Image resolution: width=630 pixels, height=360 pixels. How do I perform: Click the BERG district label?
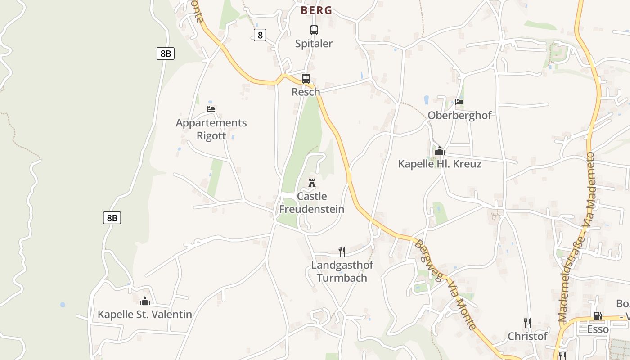pyautogui.click(x=316, y=10)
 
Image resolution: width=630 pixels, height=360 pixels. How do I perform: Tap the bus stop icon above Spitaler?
pyautogui.click(x=314, y=30)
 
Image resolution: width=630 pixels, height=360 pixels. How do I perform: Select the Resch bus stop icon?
pyautogui.click(x=306, y=79)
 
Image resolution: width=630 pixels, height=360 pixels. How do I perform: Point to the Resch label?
pyautogui.click(x=306, y=92)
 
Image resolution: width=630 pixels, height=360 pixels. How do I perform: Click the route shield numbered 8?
pyautogui.click(x=260, y=35)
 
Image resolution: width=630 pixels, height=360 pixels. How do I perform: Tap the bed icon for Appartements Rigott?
pyautogui.click(x=211, y=109)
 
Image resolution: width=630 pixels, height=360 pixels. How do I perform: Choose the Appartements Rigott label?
pyautogui.click(x=211, y=129)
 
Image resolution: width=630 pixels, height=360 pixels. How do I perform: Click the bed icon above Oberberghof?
pyautogui.click(x=459, y=102)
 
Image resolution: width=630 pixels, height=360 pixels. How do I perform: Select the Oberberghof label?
pyautogui.click(x=459, y=115)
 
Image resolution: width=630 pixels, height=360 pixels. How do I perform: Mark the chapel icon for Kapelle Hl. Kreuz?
pyautogui.click(x=440, y=151)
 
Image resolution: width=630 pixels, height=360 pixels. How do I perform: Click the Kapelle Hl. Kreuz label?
pyautogui.click(x=440, y=164)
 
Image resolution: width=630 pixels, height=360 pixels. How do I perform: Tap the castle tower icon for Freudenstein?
pyautogui.click(x=312, y=183)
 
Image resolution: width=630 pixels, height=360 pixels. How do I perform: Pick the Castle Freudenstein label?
pyautogui.click(x=312, y=203)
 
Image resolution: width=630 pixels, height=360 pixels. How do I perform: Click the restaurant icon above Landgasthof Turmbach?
pyautogui.click(x=342, y=251)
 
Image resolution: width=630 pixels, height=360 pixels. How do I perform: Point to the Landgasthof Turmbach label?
pyautogui.click(x=342, y=271)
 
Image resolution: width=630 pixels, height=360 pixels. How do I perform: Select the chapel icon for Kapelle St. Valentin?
pyautogui.click(x=145, y=301)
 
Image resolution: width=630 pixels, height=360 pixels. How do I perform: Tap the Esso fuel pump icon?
pyautogui.click(x=598, y=316)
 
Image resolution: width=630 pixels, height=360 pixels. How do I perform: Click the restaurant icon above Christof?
pyautogui.click(x=527, y=323)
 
